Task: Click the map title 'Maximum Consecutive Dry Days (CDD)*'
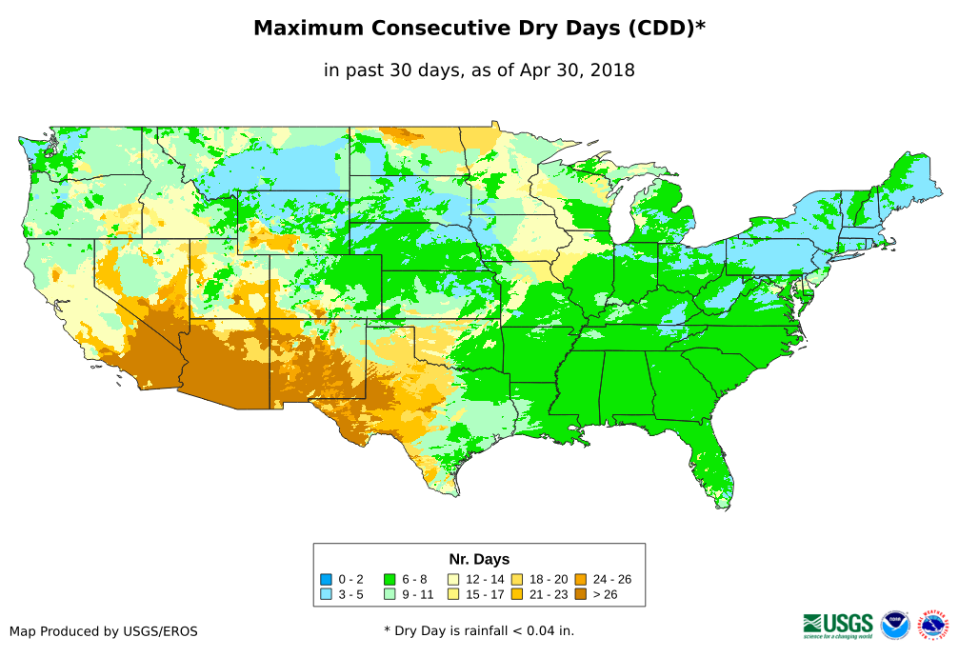tap(479, 29)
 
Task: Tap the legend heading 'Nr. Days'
tap(479, 559)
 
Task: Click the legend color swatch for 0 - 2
tap(327, 579)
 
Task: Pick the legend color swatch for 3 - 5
tap(327, 594)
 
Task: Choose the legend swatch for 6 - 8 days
tap(390, 579)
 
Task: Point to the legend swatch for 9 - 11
tap(390, 594)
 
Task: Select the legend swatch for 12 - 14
tap(453, 579)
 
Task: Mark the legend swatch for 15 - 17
tap(453, 594)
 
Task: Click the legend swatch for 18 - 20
tap(517, 579)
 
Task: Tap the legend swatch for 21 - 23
tap(517, 594)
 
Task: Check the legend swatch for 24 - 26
tap(581, 579)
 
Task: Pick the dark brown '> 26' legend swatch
tap(581, 594)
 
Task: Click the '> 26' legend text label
tap(607, 594)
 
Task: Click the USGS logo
tap(838, 625)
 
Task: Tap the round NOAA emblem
tap(895, 625)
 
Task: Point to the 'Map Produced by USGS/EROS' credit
tap(104, 631)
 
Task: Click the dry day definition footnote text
tap(479, 630)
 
